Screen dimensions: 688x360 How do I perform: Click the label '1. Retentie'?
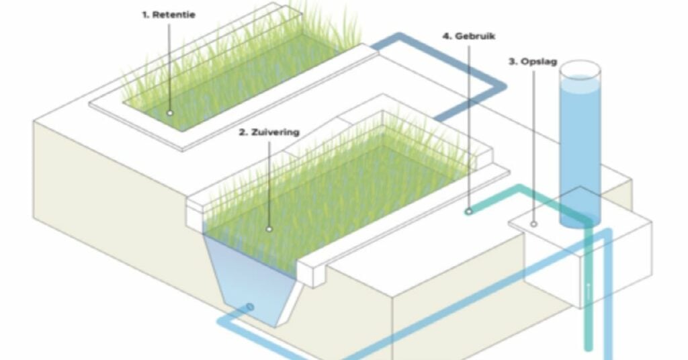pos(169,15)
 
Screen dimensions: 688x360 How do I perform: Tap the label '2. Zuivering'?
pos(269,132)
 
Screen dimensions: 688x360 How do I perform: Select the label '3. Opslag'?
pos(533,61)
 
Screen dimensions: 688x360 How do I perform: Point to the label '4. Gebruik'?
pos(469,36)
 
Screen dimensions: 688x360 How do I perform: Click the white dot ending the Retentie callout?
pos(170,113)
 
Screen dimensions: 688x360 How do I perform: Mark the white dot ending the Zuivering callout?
pos(269,229)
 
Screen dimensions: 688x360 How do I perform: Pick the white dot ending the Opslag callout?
pos(533,224)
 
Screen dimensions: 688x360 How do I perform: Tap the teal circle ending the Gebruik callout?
pos(468,212)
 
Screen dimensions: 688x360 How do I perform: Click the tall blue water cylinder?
pos(580,144)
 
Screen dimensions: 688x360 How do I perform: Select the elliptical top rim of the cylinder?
pos(580,70)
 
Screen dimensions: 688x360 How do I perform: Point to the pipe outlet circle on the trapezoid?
pos(250,307)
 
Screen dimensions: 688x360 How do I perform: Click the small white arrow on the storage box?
pos(588,289)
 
